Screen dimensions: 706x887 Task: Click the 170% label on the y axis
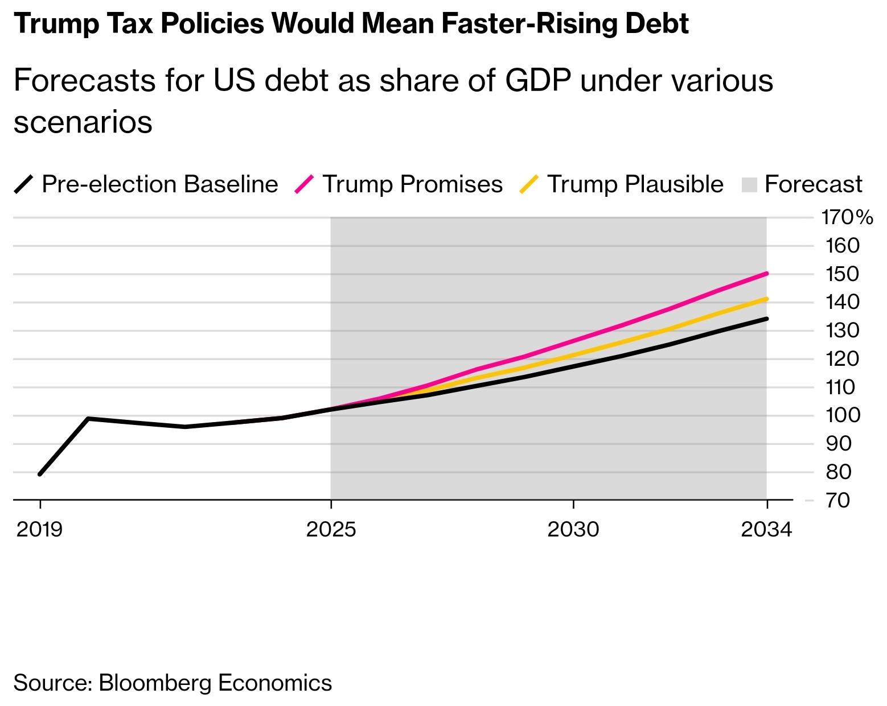[846, 217]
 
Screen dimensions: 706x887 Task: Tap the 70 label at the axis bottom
[837, 501]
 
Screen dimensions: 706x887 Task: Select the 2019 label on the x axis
[39, 530]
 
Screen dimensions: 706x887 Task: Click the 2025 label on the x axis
[331, 530]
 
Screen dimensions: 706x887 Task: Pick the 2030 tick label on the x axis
[573, 530]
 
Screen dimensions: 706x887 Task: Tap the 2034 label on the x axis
[766, 530]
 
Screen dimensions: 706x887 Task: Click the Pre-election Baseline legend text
[159, 184]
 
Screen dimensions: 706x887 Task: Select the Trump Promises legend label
[412, 184]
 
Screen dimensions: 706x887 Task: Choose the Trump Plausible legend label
[635, 184]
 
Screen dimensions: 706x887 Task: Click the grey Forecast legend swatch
[749, 185]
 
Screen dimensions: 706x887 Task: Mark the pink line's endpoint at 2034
[767, 274]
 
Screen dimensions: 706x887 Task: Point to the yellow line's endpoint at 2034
[767, 299]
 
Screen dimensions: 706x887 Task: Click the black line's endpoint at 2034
[767, 319]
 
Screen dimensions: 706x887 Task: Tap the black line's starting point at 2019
[40, 474]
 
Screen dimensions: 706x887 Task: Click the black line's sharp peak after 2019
[88, 419]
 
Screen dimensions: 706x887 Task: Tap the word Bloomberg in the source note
[155, 683]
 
